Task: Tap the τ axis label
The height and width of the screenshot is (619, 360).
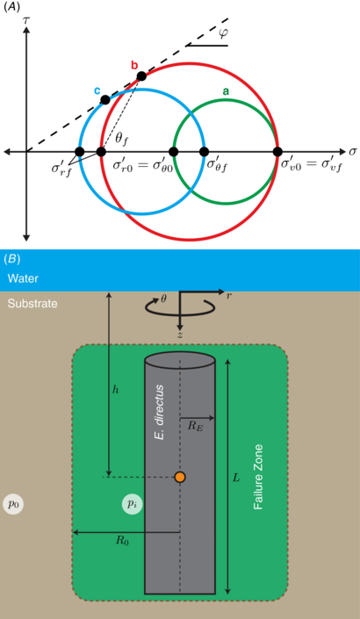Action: pyautogui.click(x=40, y=15)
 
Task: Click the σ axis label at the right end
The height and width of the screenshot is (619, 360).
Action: pyautogui.click(x=351, y=152)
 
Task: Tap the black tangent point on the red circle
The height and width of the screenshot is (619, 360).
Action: pyautogui.click(x=141, y=76)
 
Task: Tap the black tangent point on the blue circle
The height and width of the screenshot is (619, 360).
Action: pyautogui.click(x=105, y=100)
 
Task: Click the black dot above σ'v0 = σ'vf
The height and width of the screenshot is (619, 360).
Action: pyautogui.click(x=277, y=152)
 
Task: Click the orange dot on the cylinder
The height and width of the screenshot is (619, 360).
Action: pyautogui.click(x=179, y=477)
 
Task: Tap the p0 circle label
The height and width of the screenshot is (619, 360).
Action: pyautogui.click(x=13, y=504)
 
